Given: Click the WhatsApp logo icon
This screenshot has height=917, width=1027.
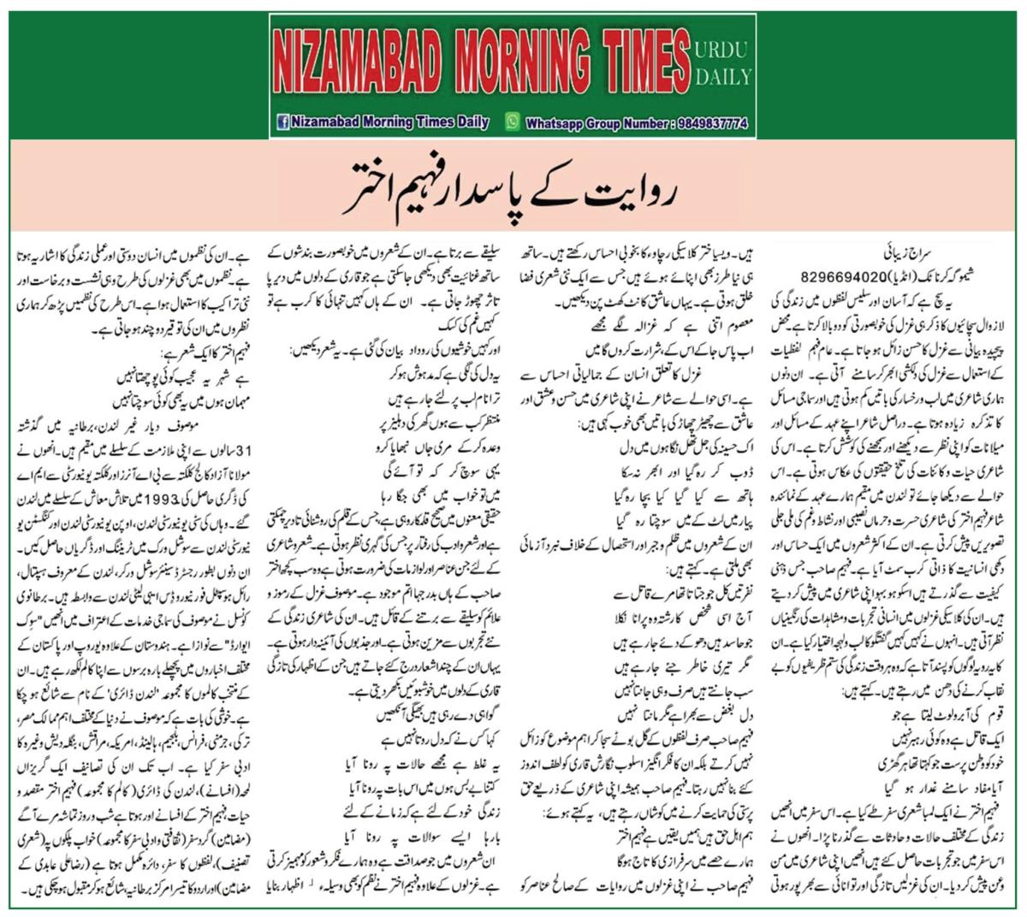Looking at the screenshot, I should click(x=513, y=121).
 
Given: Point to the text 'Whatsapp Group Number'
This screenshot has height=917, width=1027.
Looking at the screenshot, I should click(x=597, y=123).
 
